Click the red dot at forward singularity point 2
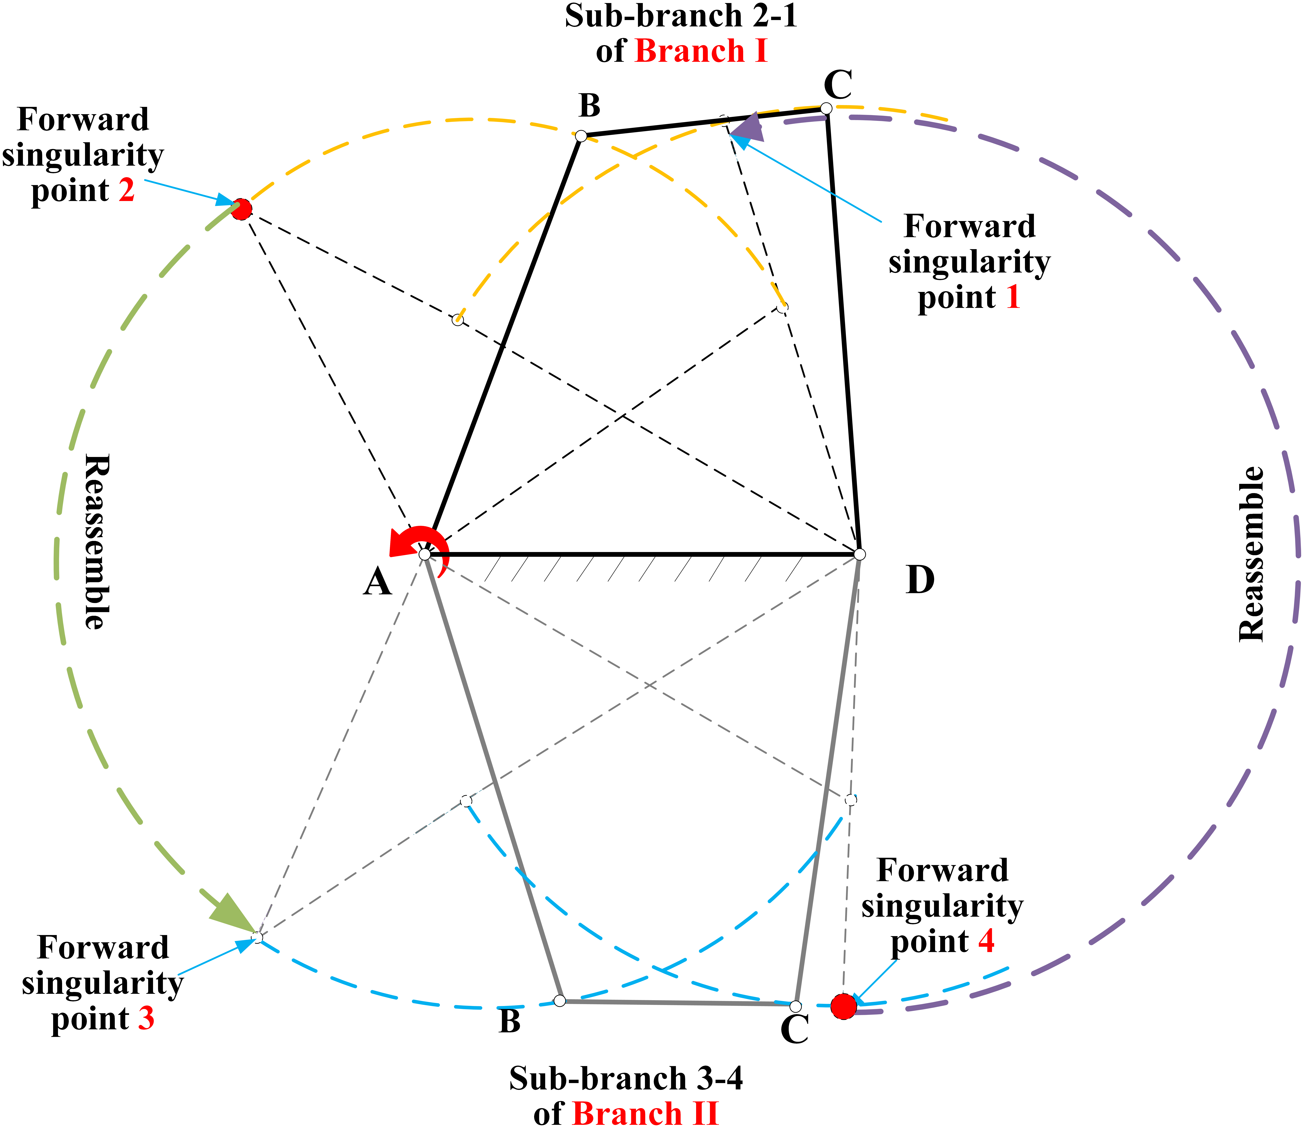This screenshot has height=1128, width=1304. point(241,209)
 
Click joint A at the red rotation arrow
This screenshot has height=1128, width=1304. point(425,554)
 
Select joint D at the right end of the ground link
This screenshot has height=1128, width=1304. point(860,554)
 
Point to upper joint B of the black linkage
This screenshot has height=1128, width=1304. point(581,136)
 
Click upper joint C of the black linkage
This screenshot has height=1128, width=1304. point(826,109)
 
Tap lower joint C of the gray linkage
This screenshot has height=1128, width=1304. point(796,1006)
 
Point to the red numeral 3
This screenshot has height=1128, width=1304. point(146,1019)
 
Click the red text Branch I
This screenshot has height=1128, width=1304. point(701,51)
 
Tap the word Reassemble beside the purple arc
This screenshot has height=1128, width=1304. point(1251,554)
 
